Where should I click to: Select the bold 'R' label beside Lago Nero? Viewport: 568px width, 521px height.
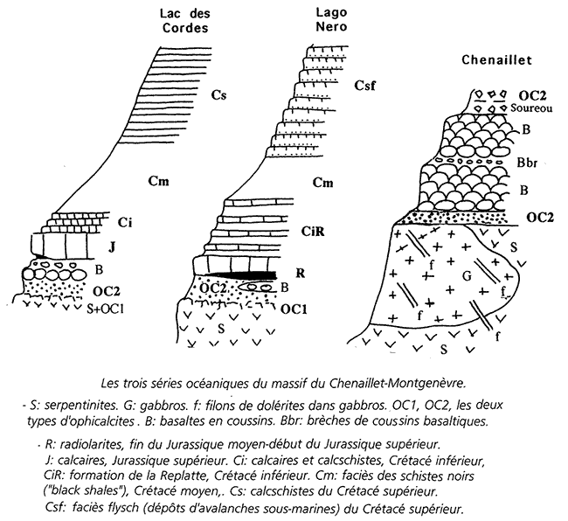click(300, 273)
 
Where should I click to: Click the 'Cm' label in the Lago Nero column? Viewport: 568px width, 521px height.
click(323, 182)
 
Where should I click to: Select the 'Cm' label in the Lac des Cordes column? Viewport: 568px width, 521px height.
click(157, 182)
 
